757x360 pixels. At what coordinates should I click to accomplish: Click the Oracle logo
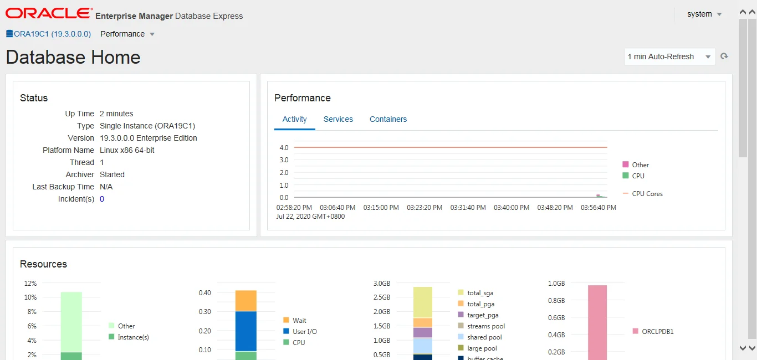point(49,13)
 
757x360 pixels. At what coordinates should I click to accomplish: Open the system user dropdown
point(704,14)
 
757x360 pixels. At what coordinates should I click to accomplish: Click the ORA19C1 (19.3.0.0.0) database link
point(49,34)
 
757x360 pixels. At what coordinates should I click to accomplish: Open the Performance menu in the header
point(127,34)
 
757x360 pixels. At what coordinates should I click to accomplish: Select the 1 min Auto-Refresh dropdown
point(669,56)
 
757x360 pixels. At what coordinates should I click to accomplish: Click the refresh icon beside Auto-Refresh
point(724,56)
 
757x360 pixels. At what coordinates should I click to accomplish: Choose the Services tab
point(338,119)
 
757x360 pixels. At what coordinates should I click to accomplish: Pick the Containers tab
point(388,119)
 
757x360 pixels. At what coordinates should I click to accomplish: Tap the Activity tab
point(294,119)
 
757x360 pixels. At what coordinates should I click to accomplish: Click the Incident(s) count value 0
point(102,199)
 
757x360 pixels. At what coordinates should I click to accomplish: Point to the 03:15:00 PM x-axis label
point(381,208)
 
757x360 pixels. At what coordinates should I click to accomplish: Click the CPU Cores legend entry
point(647,194)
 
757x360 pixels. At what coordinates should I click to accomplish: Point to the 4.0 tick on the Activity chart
point(284,148)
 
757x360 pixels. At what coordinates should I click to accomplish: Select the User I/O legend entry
point(304,331)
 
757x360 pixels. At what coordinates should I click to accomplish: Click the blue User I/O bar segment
point(245,331)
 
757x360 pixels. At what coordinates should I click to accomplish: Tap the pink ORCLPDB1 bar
point(597,321)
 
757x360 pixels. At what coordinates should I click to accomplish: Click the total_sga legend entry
point(479,293)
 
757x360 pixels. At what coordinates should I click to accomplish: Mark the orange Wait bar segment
point(245,301)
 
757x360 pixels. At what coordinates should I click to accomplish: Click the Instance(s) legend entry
point(132,337)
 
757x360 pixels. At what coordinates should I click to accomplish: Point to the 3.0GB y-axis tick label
point(382,284)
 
